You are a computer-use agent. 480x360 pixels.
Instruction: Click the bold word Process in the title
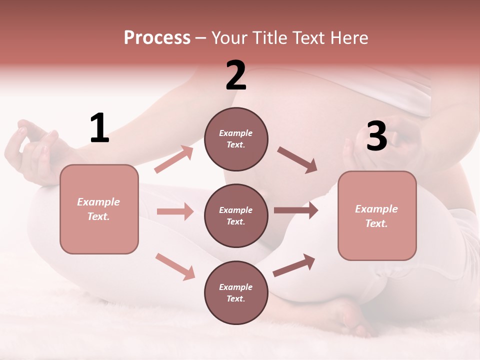157,37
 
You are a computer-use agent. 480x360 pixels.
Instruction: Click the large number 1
99,128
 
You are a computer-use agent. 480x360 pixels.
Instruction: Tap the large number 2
236,75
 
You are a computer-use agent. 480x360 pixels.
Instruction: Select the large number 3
377,136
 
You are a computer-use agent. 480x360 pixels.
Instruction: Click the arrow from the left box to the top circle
174,159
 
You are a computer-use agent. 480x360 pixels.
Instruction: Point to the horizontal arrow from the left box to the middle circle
175,211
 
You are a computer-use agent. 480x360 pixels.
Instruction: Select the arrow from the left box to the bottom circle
175,266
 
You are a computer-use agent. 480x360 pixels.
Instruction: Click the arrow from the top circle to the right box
297,159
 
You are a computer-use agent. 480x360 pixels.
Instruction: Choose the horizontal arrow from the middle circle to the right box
295,210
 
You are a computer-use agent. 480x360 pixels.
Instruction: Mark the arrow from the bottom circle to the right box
294,265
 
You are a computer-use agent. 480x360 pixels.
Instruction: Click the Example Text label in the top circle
236,139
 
